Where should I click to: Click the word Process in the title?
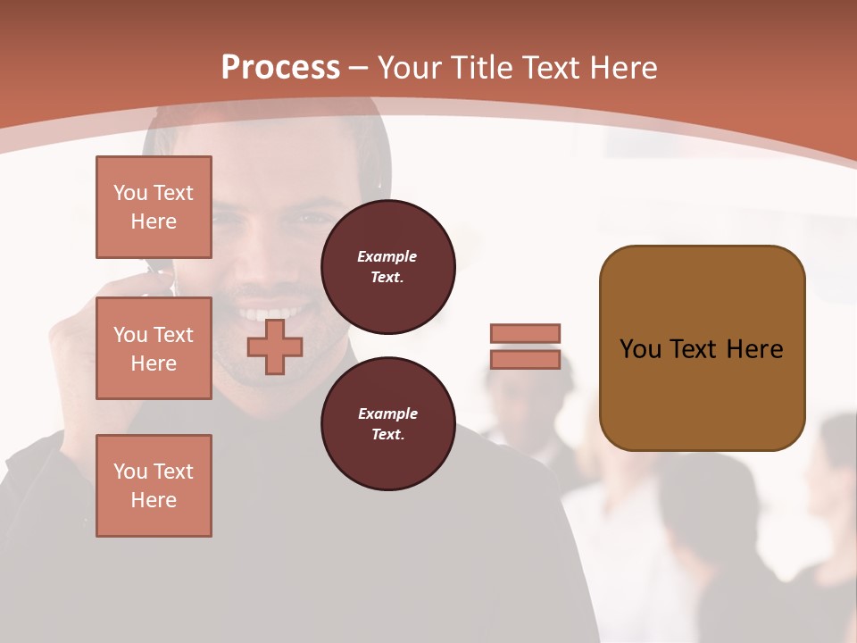pyautogui.click(x=280, y=68)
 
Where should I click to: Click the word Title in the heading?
pyautogui.click(x=483, y=68)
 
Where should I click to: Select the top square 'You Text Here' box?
pyautogui.click(x=154, y=207)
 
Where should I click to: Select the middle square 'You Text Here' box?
pyautogui.click(x=154, y=348)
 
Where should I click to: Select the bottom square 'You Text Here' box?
pyautogui.click(x=154, y=486)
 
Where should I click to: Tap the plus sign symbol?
pyautogui.click(x=274, y=347)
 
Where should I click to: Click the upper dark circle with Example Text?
pyautogui.click(x=387, y=267)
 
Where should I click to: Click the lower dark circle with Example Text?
pyautogui.click(x=387, y=424)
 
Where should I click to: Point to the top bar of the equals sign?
pyautogui.click(x=525, y=333)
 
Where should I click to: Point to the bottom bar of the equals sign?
pyautogui.click(x=525, y=360)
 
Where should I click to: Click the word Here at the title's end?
pyautogui.click(x=623, y=68)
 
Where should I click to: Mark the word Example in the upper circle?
pyautogui.click(x=387, y=256)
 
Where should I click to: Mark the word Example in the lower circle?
pyautogui.click(x=387, y=413)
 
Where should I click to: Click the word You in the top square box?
pyautogui.click(x=130, y=193)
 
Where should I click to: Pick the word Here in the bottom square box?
pyautogui.click(x=154, y=500)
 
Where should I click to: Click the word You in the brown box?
pyautogui.click(x=640, y=349)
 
